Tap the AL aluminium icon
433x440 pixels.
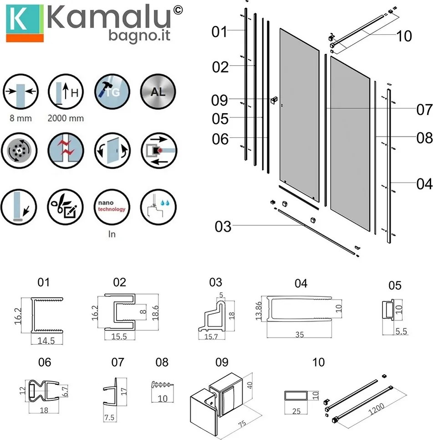click(x=158, y=92)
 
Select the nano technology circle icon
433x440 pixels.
click(x=112, y=207)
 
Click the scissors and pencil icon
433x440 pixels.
click(x=65, y=207)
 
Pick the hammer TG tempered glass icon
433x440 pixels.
click(x=112, y=92)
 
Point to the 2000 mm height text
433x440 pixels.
click(x=66, y=118)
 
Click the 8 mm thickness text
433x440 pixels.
click(x=20, y=118)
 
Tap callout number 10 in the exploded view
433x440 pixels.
click(x=404, y=36)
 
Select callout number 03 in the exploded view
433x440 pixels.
click(x=223, y=227)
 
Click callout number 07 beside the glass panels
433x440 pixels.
click(x=425, y=109)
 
